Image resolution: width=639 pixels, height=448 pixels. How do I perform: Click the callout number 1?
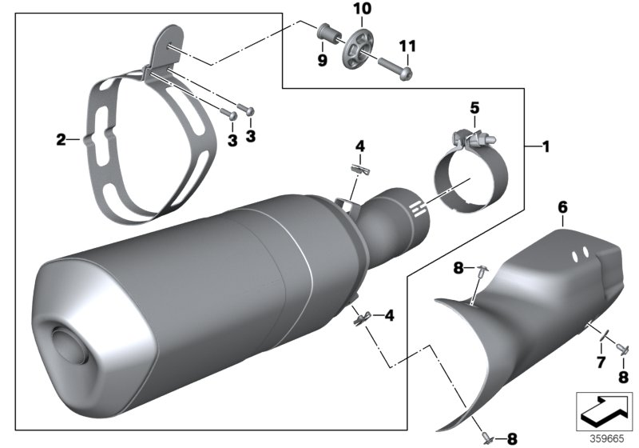tap(546, 147)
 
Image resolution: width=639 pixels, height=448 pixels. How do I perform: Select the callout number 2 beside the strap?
tap(62, 140)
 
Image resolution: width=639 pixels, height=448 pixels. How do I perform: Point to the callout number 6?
tap(562, 207)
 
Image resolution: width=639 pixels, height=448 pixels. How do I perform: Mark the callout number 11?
tap(407, 47)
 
